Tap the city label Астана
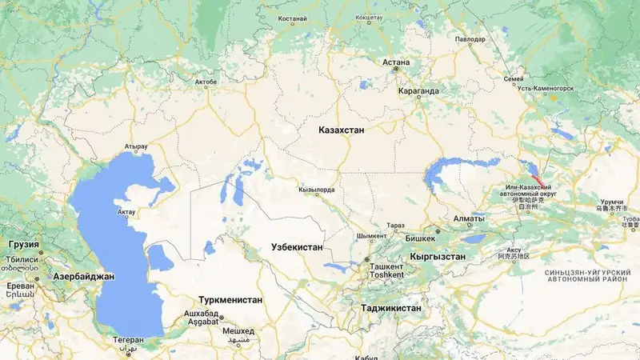(396, 62)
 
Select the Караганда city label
(418, 91)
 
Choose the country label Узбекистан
(297, 247)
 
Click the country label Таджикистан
(391, 307)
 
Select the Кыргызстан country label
(437, 256)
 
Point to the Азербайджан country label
(83, 276)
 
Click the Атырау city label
(137, 147)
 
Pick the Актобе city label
(206, 82)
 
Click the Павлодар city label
(469, 39)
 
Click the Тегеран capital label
(128, 339)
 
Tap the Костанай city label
(292, 18)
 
